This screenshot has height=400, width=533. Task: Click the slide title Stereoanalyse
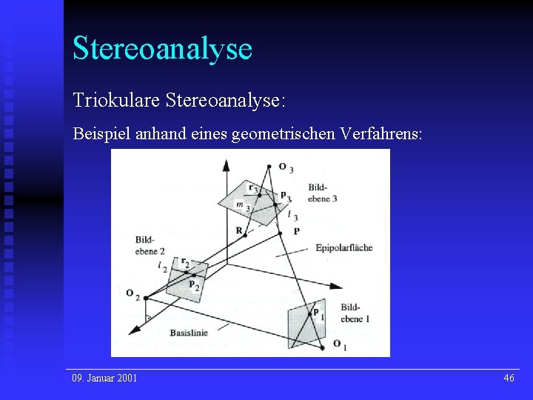point(162,48)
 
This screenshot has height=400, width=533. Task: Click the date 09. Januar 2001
point(104,379)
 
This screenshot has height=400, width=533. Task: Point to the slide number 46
point(509,379)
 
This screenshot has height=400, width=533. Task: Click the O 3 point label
point(285,168)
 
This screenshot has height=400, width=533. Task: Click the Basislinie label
point(188,333)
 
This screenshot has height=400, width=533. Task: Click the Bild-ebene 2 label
point(150,245)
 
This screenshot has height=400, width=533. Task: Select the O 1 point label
point(340,345)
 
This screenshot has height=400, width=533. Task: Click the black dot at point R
point(246,236)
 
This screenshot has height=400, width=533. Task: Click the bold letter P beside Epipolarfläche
point(297,231)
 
